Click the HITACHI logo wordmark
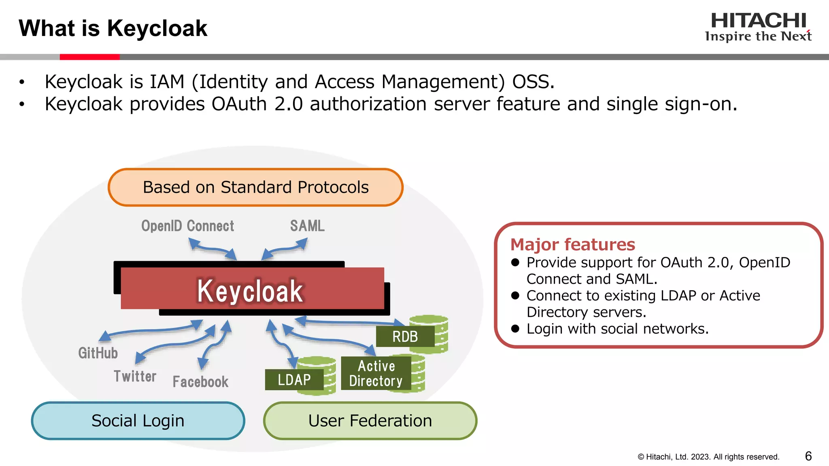coord(758,21)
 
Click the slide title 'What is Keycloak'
coord(113,28)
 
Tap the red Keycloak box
coord(252,290)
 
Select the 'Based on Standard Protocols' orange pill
coord(255,187)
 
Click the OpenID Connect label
coord(187,226)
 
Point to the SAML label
coord(307,226)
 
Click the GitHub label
coord(98,353)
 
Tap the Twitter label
coord(135,376)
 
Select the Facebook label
coord(200,381)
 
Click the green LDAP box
coord(294,379)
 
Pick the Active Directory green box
coord(376,373)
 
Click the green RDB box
coord(405,336)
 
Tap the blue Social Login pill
coord(138,421)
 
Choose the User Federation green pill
coord(370,421)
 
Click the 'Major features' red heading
coord(572,244)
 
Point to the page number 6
coord(808,456)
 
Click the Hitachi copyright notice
coord(708,457)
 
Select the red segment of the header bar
coord(89,57)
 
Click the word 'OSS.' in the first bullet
coord(533,82)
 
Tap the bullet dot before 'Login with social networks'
coord(515,328)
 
